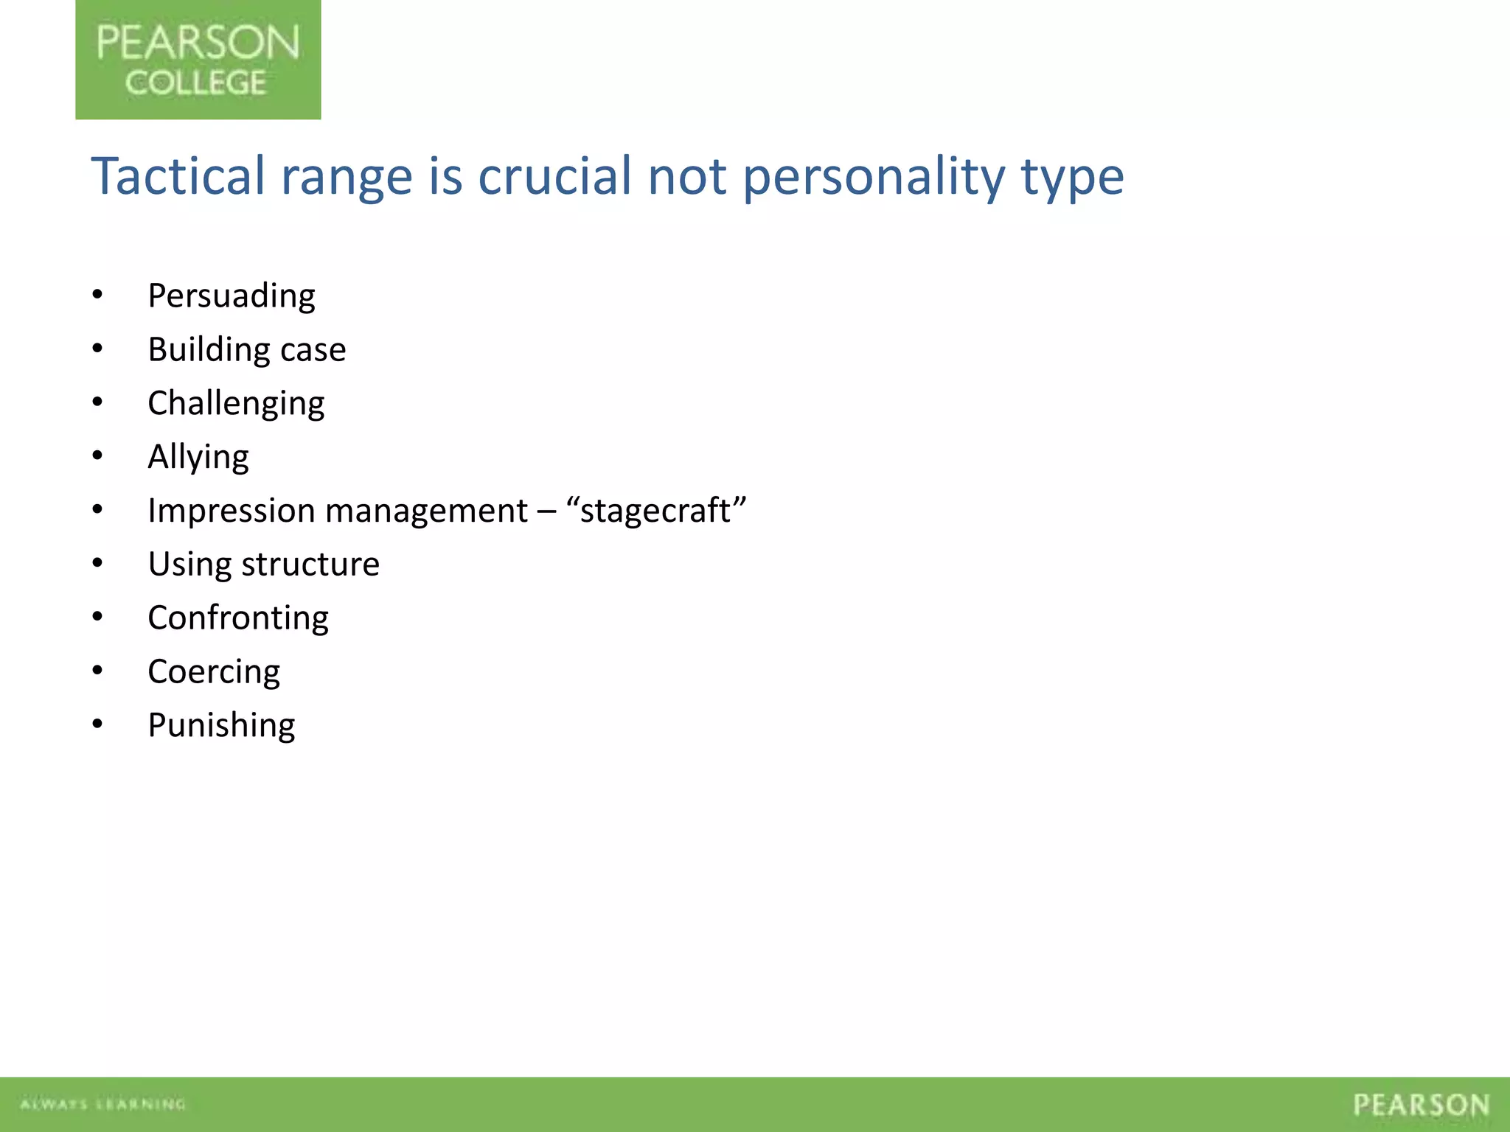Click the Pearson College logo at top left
(x=198, y=60)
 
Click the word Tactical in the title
(x=178, y=176)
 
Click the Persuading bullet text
(x=232, y=296)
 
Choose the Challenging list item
(x=236, y=404)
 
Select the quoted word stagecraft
(x=655, y=511)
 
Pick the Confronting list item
(x=238, y=618)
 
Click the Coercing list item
(x=214, y=672)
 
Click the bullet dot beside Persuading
(x=97, y=296)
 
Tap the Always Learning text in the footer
(x=102, y=1104)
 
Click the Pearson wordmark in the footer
(x=1421, y=1105)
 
